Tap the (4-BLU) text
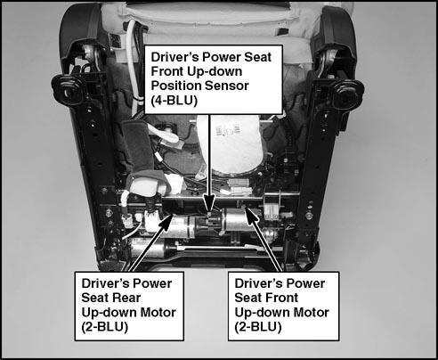point(174,101)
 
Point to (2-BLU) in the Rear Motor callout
point(104,327)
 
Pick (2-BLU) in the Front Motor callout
point(258,327)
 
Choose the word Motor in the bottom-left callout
point(158,313)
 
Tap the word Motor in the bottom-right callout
point(312,313)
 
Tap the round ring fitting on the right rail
point(348,93)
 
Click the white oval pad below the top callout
point(229,145)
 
